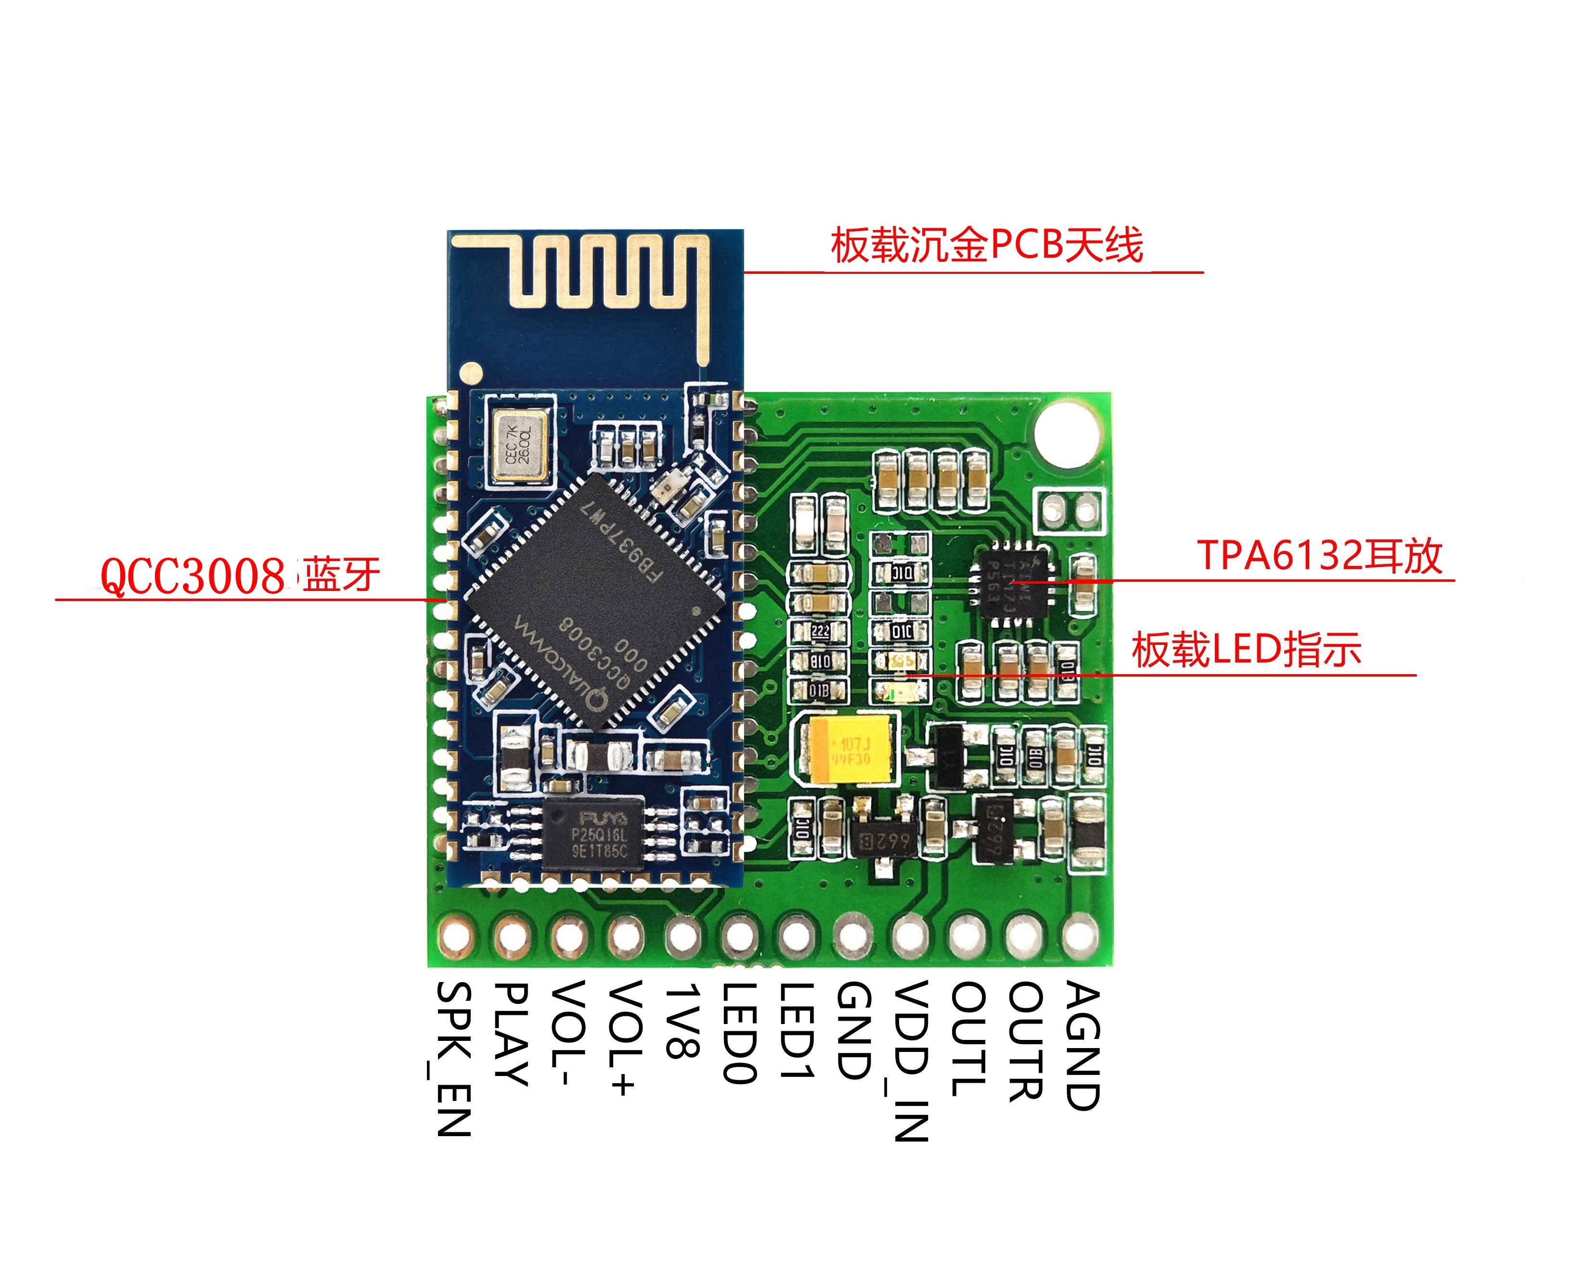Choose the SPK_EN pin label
pyautogui.click(x=453, y=1059)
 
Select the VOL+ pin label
pyautogui.click(x=625, y=1037)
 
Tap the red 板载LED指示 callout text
pyautogui.click(x=1246, y=650)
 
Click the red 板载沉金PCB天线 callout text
pyautogui.click(x=986, y=245)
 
